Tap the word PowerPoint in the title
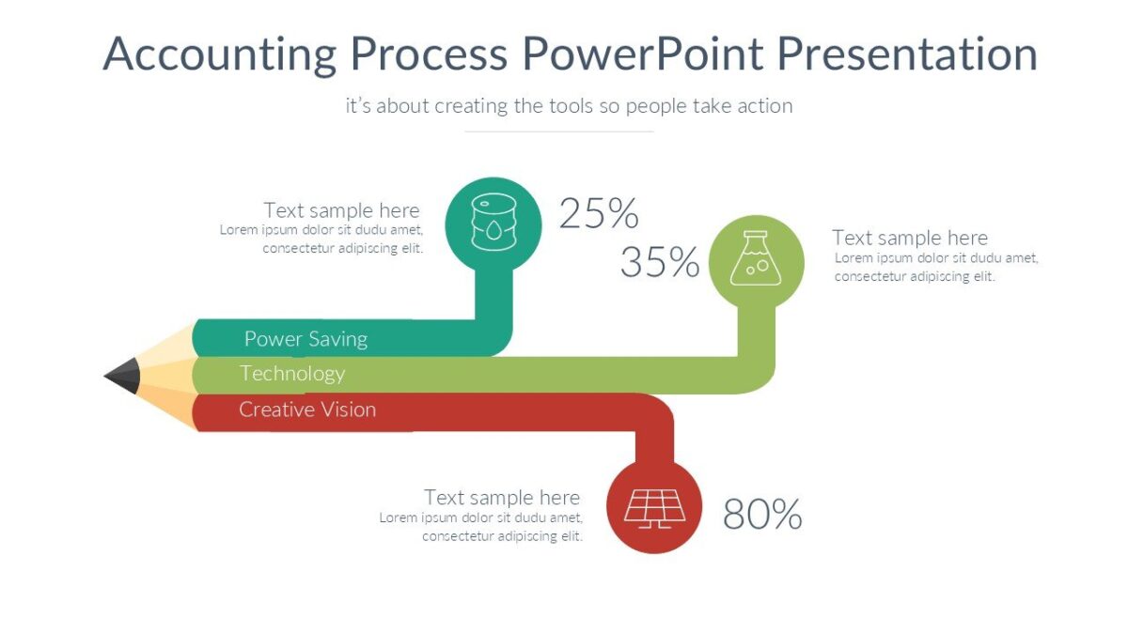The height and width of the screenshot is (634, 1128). coord(642,54)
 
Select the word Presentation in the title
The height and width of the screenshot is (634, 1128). coord(907,54)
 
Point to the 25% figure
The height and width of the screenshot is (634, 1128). coord(599,214)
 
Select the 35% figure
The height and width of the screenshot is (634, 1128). coord(660,263)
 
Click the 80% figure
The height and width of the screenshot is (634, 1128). coord(762,515)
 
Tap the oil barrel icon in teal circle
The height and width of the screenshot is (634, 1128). coord(493,222)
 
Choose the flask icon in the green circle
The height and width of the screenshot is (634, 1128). coord(756,260)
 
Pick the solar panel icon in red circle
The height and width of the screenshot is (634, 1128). coord(655,507)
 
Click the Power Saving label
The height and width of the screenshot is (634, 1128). coord(305,339)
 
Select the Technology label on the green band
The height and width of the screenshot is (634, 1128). coord(292,374)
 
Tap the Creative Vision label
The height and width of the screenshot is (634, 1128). coord(307,410)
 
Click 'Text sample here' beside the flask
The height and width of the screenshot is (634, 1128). coord(910,238)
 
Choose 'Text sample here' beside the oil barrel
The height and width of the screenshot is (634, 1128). coord(341,210)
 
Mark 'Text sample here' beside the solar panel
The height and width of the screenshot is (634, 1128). coord(502,498)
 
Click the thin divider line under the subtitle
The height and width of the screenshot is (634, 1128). coord(559,131)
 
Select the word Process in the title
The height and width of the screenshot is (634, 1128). coord(429,54)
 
